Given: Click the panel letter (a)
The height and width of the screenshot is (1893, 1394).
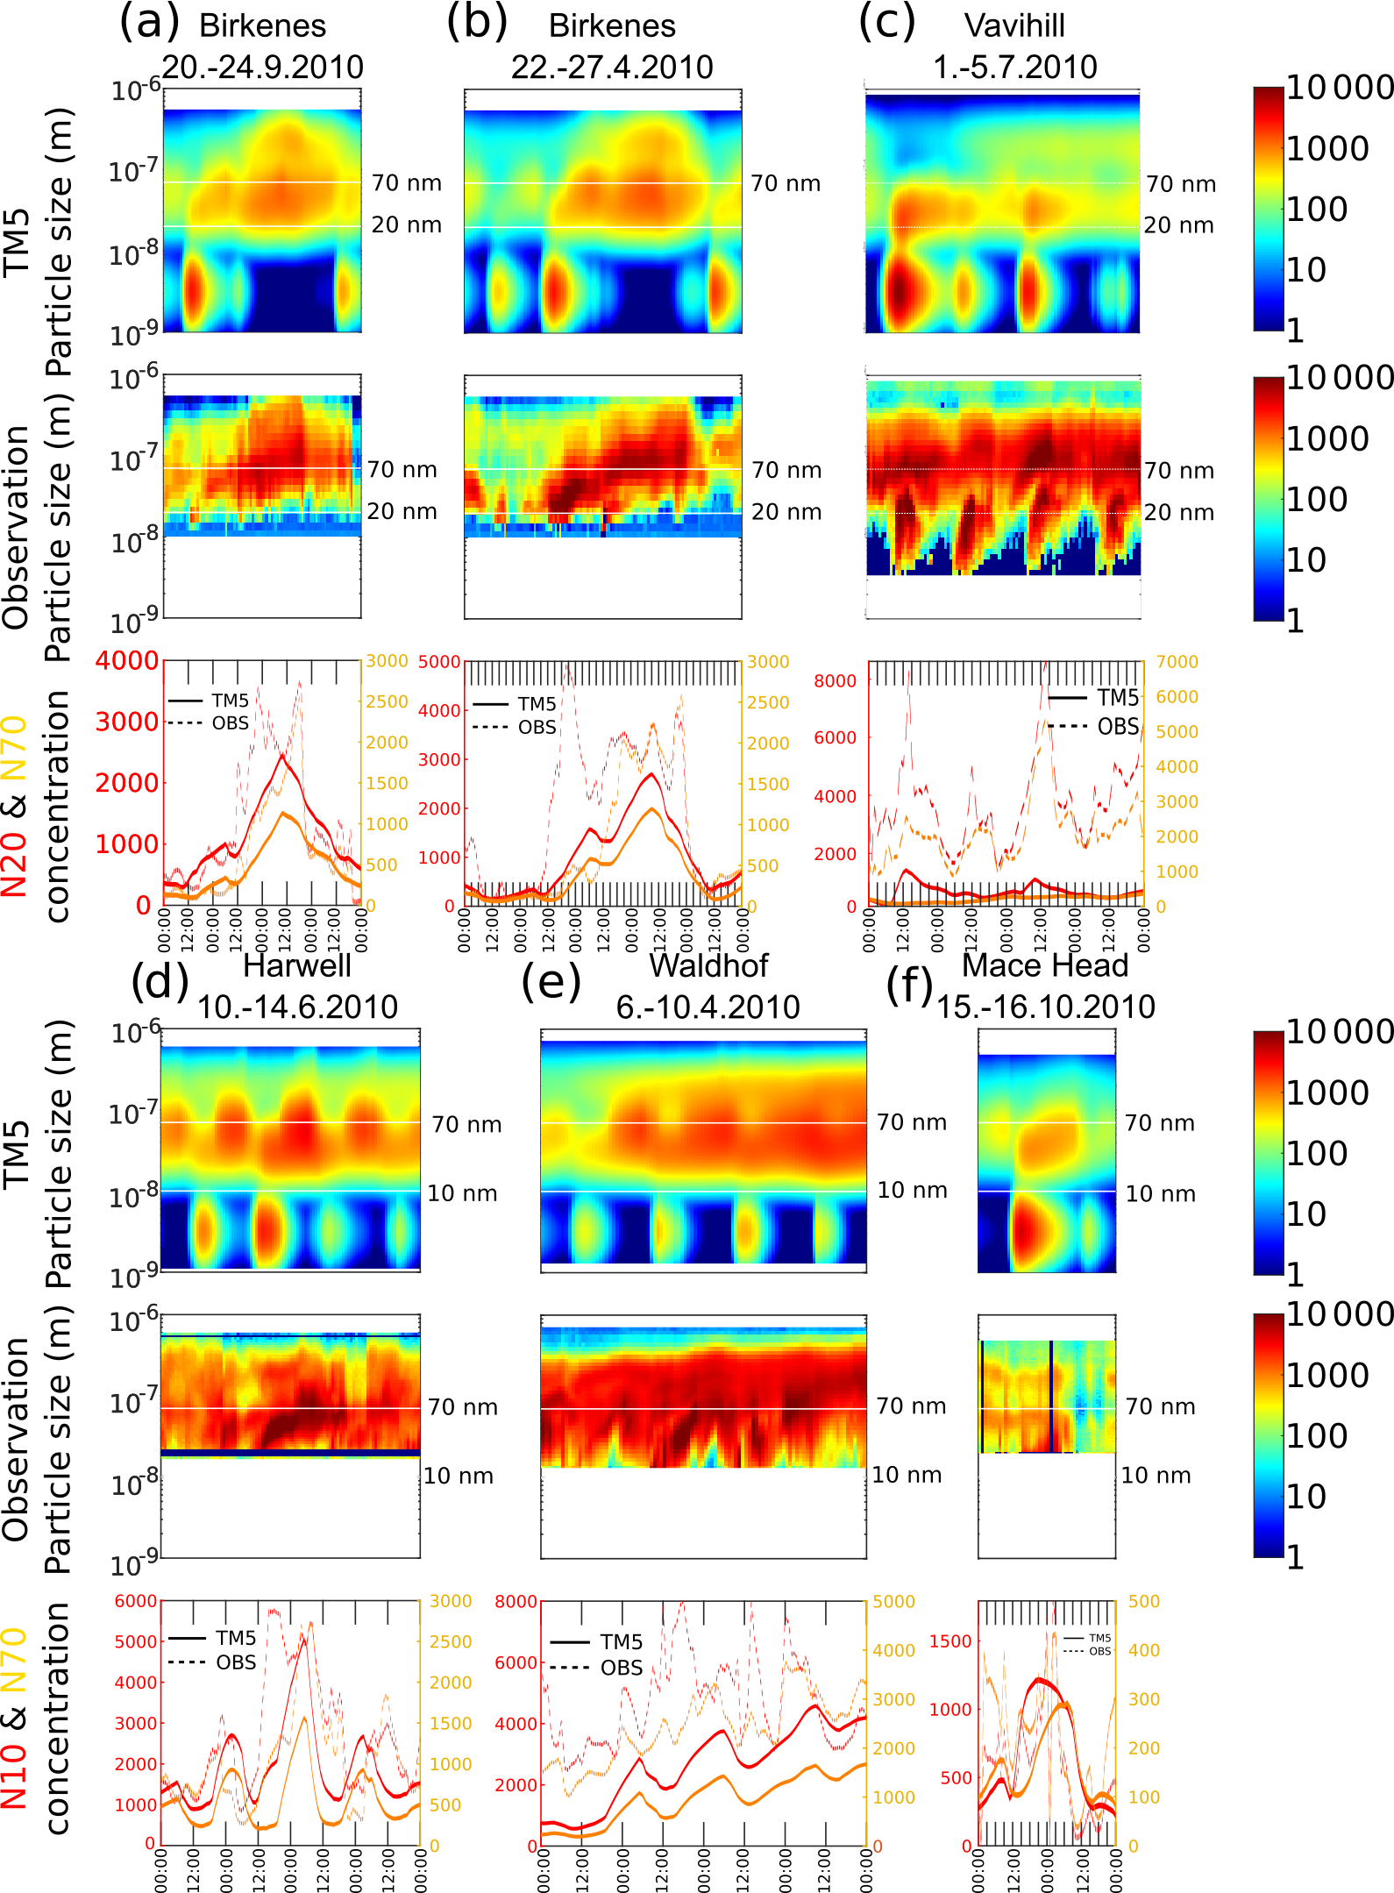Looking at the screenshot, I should [149, 23].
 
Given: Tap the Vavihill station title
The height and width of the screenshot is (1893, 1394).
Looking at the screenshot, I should [1014, 26].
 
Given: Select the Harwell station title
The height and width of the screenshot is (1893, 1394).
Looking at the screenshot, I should [296, 965].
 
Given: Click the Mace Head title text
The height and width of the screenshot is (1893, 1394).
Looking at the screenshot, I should [1045, 965].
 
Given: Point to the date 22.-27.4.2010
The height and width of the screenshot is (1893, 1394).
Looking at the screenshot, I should [612, 68].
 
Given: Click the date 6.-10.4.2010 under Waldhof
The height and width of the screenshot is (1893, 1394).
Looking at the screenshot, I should [708, 1007].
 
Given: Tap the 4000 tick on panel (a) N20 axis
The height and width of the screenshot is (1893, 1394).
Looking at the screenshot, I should [127, 660].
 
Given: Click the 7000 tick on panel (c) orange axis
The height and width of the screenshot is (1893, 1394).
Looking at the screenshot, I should [1177, 662].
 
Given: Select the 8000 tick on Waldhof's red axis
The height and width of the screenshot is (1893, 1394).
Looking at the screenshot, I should [516, 1602].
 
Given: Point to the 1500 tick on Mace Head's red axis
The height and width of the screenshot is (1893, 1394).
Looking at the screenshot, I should [950, 1641].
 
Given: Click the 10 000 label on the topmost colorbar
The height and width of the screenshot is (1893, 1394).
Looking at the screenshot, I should [1340, 88].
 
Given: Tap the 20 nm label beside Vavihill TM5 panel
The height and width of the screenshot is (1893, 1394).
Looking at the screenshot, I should [1179, 225].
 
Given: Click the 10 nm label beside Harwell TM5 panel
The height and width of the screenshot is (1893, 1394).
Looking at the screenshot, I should [462, 1193].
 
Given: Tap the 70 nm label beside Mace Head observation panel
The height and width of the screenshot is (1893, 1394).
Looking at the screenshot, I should [1160, 1406].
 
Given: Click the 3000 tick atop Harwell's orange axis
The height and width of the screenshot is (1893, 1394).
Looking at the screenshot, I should [451, 1601].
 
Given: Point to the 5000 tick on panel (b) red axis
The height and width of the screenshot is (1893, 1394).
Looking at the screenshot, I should [439, 662].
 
